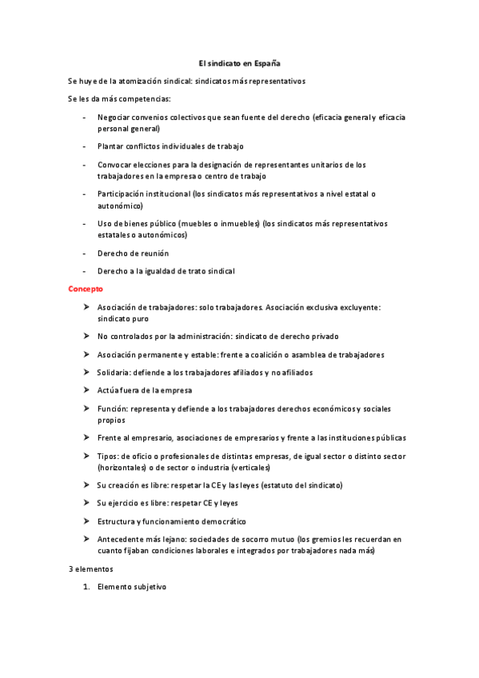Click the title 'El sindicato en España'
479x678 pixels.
pyautogui.click(x=239, y=63)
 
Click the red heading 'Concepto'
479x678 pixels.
pyautogui.click(x=85, y=288)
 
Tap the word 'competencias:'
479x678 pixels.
pyautogui.click(x=132, y=99)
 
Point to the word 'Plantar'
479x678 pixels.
pyautogui.click(x=110, y=146)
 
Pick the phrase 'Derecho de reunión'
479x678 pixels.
pyautogui.click(x=133, y=253)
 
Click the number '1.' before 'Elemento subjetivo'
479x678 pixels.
pyautogui.click(x=86, y=587)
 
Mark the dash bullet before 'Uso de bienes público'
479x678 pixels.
pyautogui.click(x=85, y=224)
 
